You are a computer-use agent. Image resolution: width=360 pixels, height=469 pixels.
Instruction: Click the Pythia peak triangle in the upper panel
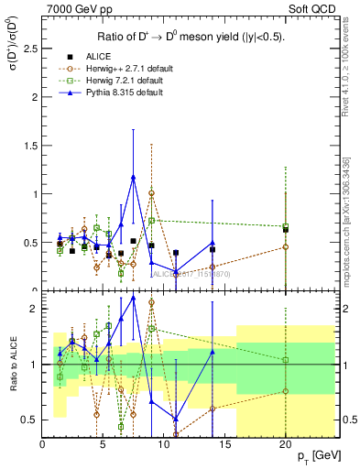pos(134,177)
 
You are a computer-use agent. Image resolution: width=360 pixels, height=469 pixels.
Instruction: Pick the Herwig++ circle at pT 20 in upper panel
pos(286,246)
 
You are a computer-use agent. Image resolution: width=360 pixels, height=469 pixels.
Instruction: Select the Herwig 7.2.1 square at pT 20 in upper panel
pos(286,226)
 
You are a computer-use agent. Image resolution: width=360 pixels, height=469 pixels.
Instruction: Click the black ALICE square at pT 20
pos(286,230)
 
